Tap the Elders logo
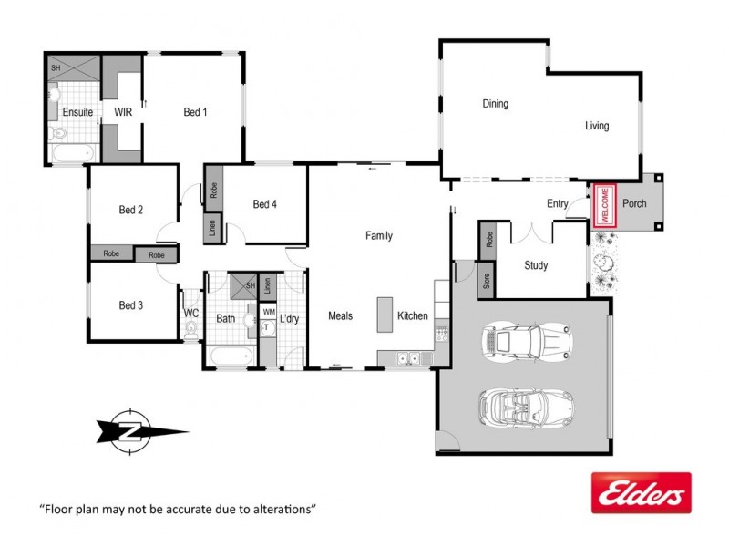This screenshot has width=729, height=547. pos(641,493)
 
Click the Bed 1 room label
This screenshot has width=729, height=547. pos(195,112)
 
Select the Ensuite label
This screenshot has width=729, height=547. pos(77,112)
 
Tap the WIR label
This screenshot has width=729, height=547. pos(123,112)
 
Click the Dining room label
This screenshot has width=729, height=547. pos(495,104)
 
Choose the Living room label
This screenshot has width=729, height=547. pos(597,126)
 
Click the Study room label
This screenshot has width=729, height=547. pos(536,265)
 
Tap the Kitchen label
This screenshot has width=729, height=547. pos(412,316)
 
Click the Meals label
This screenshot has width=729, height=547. pos(340,316)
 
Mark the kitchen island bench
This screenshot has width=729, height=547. pos(384,315)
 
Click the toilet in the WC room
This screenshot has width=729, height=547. pos(190,331)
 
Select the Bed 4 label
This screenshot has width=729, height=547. pos(265,204)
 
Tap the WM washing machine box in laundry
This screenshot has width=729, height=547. pos(268,312)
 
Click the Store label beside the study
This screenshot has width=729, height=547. pos(486,281)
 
